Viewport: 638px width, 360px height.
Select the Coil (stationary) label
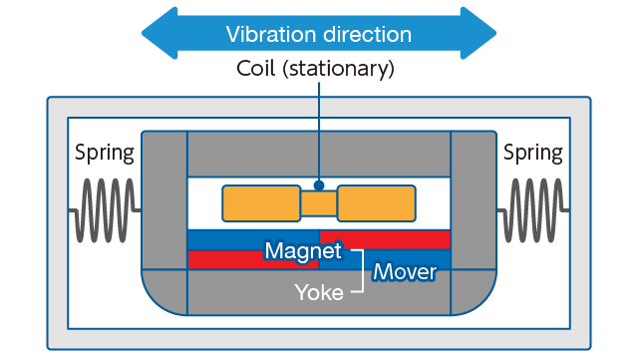[316, 69]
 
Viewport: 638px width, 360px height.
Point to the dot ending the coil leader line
[318, 184]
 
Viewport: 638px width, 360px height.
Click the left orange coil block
[260, 203]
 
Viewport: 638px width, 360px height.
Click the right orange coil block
[376, 203]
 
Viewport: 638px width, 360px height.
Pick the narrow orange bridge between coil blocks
[318, 203]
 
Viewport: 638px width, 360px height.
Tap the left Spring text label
[105, 154]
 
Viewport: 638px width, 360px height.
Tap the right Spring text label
[532, 154]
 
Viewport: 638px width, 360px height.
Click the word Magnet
[302, 250]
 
